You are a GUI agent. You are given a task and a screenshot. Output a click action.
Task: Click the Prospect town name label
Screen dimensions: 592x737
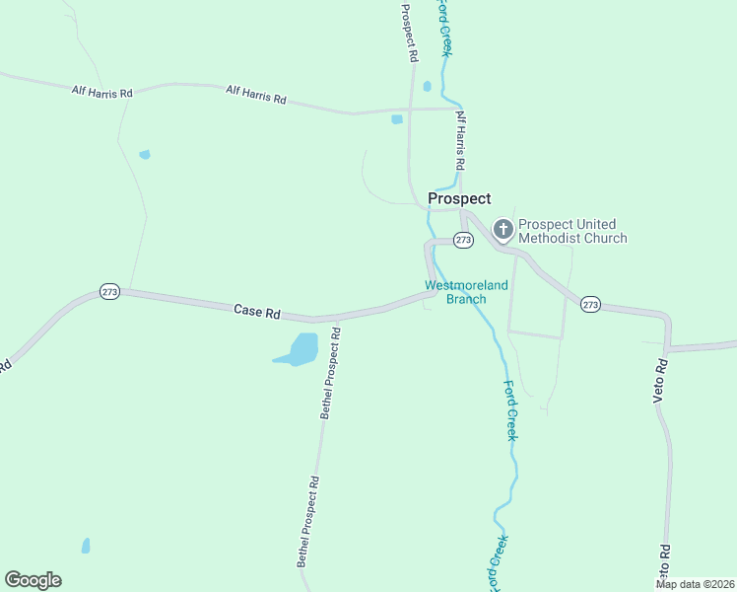[x=459, y=198]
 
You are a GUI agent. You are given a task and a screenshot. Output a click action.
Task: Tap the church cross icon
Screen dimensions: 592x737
[x=502, y=231]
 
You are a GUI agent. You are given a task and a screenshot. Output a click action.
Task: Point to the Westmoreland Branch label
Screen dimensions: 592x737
[x=466, y=292]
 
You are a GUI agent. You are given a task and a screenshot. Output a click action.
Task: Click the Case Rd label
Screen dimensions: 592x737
[x=257, y=311]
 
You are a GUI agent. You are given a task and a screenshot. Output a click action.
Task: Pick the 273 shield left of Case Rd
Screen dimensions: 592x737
[x=109, y=292]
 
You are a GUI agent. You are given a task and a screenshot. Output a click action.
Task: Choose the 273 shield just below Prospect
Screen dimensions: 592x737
[x=464, y=240]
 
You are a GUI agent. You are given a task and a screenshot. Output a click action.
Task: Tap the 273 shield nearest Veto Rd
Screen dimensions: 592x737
[x=590, y=304]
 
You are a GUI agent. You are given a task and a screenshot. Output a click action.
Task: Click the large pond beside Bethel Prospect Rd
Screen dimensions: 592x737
[x=299, y=349]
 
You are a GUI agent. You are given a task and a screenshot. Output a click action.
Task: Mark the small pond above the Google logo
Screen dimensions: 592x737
[x=86, y=545]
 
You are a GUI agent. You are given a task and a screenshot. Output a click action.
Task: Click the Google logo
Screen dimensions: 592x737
[x=33, y=580]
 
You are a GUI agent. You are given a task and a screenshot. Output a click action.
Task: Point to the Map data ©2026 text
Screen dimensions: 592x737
[x=695, y=584]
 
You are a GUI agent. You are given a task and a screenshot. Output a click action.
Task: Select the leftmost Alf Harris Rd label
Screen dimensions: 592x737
[x=101, y=92]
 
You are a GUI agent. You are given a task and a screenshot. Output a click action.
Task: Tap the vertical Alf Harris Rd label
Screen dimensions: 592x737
[x=459, y=137]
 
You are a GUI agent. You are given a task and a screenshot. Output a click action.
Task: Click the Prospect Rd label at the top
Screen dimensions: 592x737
[x=408, y=33]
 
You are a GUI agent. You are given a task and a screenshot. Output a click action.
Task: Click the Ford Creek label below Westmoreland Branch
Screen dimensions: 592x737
[x=510, y=409]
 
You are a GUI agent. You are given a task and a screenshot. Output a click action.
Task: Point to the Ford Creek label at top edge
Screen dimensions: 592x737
[x=445, y=28]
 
